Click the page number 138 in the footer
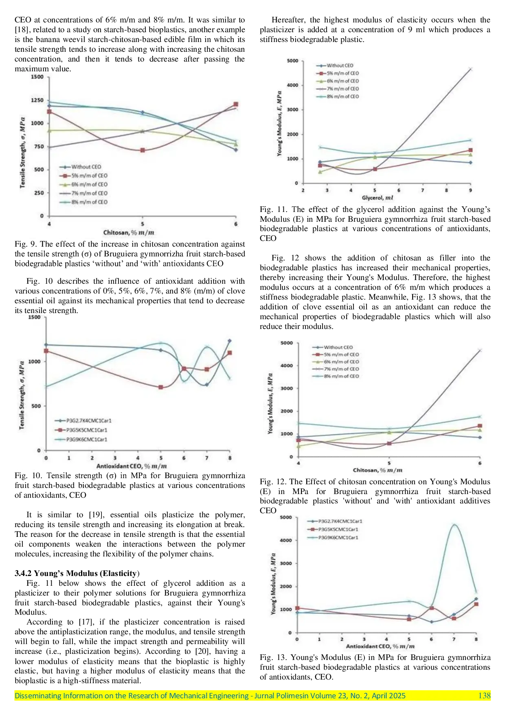point(484,695)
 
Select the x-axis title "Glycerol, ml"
point(378,198)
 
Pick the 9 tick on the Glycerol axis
point(470,190)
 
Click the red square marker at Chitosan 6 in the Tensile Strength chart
point(236,104)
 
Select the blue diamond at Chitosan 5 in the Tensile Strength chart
point(142,112)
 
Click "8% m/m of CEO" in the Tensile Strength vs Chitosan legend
point(89,202)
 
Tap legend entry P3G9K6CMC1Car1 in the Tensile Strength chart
point(86,439)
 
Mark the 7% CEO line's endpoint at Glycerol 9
point(470,69)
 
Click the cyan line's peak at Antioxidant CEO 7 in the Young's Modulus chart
point(454,525)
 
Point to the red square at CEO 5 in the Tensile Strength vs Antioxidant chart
point(161,387)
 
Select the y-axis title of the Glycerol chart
point(279,124)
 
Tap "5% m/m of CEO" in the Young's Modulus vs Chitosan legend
point(341,355)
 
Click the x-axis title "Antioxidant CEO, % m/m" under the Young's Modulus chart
point(380,646)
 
